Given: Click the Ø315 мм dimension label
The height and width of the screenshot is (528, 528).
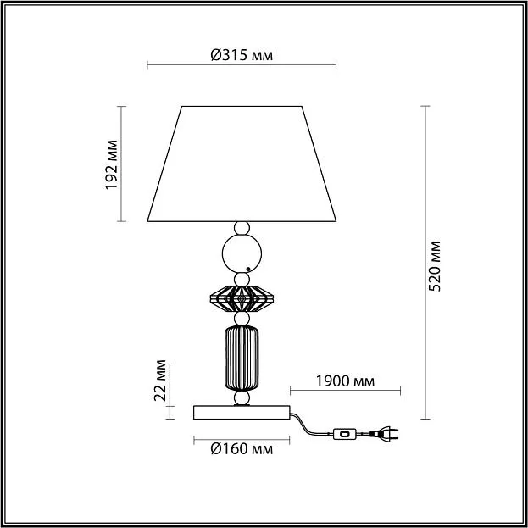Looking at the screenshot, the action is pos(242,55).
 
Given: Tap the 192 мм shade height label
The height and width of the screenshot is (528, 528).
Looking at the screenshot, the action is pos(112,164).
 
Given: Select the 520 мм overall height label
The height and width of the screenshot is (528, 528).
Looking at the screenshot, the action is pos(434,266).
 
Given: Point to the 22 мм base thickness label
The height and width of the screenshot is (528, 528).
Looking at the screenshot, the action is pos(160,381).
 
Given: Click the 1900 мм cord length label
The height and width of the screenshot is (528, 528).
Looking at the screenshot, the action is pos(345,381).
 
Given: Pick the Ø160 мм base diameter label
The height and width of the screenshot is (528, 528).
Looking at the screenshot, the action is pos(242,449).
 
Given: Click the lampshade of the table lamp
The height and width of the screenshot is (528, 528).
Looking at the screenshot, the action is pos(242,164).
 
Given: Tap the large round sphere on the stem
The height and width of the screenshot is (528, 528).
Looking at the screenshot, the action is pos(242,253).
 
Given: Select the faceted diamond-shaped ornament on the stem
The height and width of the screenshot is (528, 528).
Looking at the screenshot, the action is pos(242,298).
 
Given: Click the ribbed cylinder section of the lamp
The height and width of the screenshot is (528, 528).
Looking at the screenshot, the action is pos(242,358).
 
